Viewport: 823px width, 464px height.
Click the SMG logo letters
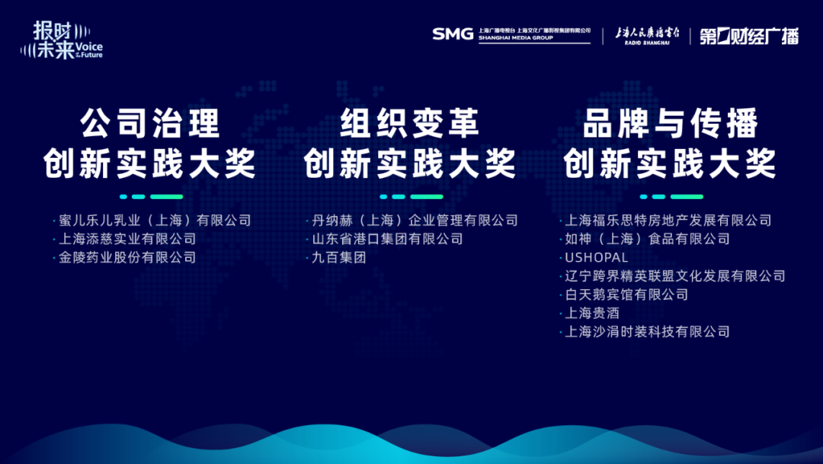(x=453, y=34)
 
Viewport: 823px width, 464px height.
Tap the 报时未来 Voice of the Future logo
(x=62, y=40)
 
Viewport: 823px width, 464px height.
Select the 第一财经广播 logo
(x=749, y=36)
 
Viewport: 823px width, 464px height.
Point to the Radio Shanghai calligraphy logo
(x=647, y=35)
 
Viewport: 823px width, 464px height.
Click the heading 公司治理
(x=150, y=124)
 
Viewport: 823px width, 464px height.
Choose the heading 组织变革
(x=410, y=124)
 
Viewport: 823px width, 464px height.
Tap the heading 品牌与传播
(x=671, y=124)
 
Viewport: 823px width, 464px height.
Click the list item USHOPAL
(x=596, y=257)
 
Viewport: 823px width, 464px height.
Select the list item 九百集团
(x=339, y=257)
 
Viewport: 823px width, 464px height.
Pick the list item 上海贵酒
(x=592, y=313)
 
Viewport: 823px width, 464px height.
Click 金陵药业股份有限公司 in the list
(x=127, y=257)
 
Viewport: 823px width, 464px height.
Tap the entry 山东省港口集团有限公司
(x=387, y=239)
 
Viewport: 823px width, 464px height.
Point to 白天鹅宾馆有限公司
(x=626, y=295)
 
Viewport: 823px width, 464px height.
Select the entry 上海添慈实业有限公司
(x=127, y=239)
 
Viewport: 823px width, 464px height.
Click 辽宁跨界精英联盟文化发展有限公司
(x=675, y=275)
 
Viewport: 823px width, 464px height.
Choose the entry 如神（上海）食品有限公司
(x=647, y=239)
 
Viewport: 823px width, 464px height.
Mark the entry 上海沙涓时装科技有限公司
(x=647, y=331)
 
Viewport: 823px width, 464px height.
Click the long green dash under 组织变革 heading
(x=427, y=197)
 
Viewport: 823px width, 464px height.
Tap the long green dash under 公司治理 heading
(x=167, y=197)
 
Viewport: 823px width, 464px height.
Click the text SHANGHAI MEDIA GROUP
(x=515, y=38)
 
